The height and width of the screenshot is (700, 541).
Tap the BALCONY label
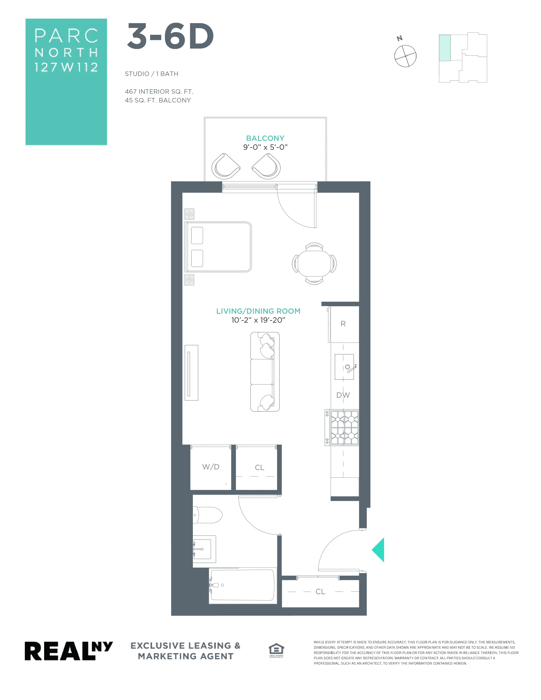point(265,138)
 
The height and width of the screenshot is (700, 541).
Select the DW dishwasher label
point(343,395)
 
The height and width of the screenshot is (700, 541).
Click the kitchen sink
point(344,367)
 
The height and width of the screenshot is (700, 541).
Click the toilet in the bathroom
point(208,515)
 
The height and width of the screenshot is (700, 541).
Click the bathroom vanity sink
point(203,549)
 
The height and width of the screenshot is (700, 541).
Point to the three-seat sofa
point(265,372)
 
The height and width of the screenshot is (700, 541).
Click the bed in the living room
point(219,247)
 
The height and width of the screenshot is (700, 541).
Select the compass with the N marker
point(405,56)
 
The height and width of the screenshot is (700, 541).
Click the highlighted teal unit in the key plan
point(444,48)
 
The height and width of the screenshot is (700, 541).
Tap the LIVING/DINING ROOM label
point(258,311)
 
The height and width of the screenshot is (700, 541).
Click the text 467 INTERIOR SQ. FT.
point(159,92)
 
